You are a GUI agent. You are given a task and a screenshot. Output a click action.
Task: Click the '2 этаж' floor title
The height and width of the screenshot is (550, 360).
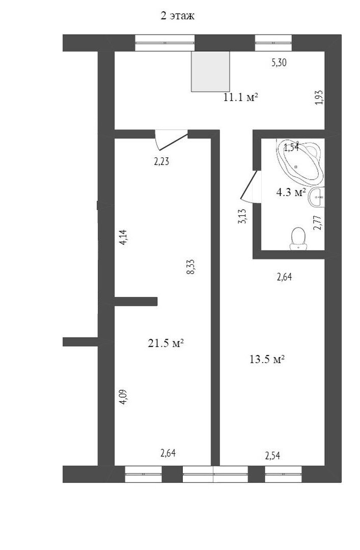click(x=178, y=16)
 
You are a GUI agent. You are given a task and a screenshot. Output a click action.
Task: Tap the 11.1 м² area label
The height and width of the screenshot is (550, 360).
click(x=241, y=97)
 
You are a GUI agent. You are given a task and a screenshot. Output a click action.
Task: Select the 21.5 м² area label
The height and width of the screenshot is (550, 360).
click(x=166, y=343)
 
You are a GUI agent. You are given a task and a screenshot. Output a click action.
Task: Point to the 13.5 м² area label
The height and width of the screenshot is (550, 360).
click(x=267, y=360)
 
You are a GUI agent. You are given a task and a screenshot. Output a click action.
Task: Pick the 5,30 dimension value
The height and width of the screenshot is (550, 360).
click(x=279, y=63)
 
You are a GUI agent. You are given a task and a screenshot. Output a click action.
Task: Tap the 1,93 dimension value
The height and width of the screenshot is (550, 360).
click(x=319, y=97)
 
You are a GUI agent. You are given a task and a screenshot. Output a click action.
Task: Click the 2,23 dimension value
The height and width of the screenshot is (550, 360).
click(x=162, y=161)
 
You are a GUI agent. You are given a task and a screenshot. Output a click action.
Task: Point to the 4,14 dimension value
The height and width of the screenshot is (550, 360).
click(x=123, y=237)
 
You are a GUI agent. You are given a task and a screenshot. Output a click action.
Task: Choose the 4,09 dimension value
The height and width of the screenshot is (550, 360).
click(x=124, y=397)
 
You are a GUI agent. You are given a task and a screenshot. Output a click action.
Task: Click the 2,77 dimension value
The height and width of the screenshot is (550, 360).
click(x=318, y=223)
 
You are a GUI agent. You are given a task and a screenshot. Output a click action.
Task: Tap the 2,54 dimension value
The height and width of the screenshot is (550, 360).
click(x=272, y=456)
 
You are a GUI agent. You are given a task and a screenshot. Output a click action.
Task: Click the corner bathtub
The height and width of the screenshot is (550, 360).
click(x=300, y=162)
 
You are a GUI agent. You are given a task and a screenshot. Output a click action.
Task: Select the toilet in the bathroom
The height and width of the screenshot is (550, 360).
click(x=298, y=238)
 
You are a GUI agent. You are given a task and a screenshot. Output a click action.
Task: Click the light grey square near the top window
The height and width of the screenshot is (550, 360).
click(x=210, y=72)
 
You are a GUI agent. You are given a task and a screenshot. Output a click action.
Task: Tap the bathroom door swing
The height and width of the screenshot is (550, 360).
click(x=252, y=186)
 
